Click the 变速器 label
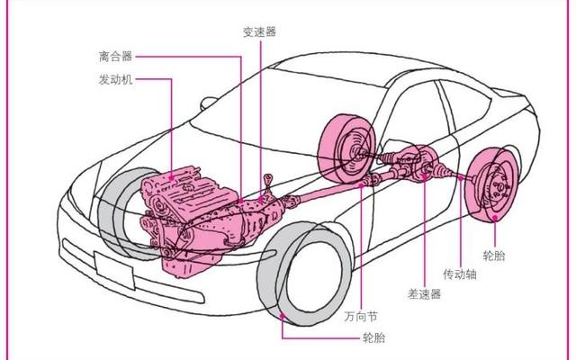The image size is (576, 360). point(259,31)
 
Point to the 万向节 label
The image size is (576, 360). point(359,316)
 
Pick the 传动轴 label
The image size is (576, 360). point(459,274)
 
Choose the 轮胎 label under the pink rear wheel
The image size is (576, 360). point(494,256)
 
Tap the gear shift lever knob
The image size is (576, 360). point(265,175)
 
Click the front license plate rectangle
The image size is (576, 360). point(114,269)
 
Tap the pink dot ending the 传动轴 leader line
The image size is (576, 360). point(460,178)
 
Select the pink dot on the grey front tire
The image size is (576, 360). point(283,315)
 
